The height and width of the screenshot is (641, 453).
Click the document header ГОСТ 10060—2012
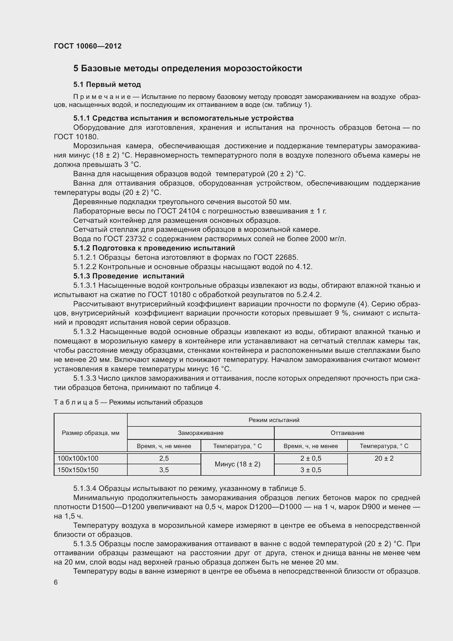88,46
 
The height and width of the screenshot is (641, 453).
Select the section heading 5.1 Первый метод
107,84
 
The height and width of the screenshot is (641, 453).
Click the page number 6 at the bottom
56,582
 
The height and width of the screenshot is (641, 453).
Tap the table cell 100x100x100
78,458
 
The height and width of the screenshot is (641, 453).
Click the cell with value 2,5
164,458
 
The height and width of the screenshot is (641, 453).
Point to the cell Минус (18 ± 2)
237,464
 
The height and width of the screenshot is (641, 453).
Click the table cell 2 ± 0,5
311,458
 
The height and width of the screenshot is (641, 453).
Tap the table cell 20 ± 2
384,458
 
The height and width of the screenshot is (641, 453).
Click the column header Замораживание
200,433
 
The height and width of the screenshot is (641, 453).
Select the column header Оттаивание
347,433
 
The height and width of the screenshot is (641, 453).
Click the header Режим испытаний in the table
274,420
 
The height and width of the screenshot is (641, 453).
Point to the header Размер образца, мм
90,433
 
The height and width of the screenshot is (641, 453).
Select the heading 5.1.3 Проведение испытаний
129,276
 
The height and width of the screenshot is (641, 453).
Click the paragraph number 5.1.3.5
85,543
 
